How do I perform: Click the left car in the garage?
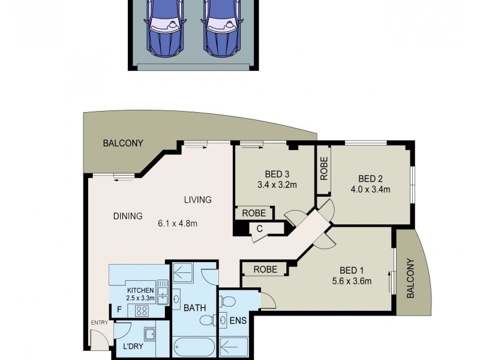[x=164, y=27]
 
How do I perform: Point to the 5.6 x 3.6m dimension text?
[x=351, y=281]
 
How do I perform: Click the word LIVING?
[x=197, y=200]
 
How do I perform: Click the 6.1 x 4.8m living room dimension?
[x=178, y=224]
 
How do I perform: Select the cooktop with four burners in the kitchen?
[x=143, y=311]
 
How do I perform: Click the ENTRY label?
[x=98, y=323]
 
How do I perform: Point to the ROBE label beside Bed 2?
[x=323, y=170]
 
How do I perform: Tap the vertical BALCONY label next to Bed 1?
[x=411, y=278]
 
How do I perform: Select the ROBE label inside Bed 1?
[x=265, y=269]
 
